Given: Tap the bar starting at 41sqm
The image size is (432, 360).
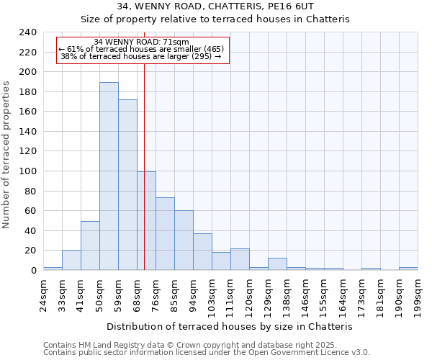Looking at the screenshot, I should [x=90, y=246].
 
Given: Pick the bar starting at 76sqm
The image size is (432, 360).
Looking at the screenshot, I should [x=165, y=234].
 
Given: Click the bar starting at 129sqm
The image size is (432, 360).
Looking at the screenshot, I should [x=277, y=264].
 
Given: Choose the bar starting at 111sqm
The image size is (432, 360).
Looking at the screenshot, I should [x=240, y=259].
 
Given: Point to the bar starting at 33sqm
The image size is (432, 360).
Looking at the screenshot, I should [x=71, y=260].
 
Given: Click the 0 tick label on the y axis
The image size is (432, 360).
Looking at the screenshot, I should [x=33, y=271].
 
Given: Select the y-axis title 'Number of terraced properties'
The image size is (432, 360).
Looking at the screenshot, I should [x=6, y=155].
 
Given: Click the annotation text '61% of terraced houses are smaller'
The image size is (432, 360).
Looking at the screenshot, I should [x=142, y=49].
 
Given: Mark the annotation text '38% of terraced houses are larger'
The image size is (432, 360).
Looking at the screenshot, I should [x=140, y=56].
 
